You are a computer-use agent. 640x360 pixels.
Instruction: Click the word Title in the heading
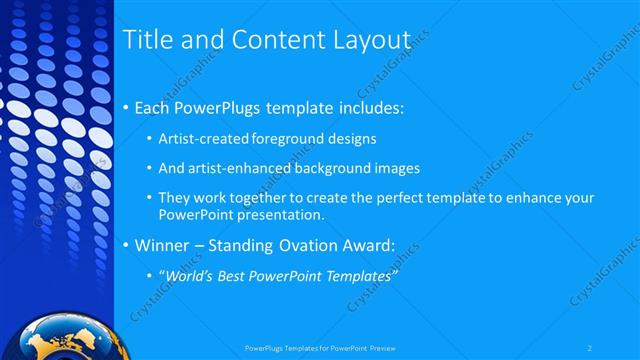pyautogui.click(x=144, y=40)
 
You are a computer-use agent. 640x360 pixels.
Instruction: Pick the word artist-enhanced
pyautogui.click(x=237, y=167)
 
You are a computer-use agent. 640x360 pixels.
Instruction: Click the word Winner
pyautogui.click(x=159, y=244)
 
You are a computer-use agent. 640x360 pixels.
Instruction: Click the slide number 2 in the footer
pyautogui.click(x=590, y=348)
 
